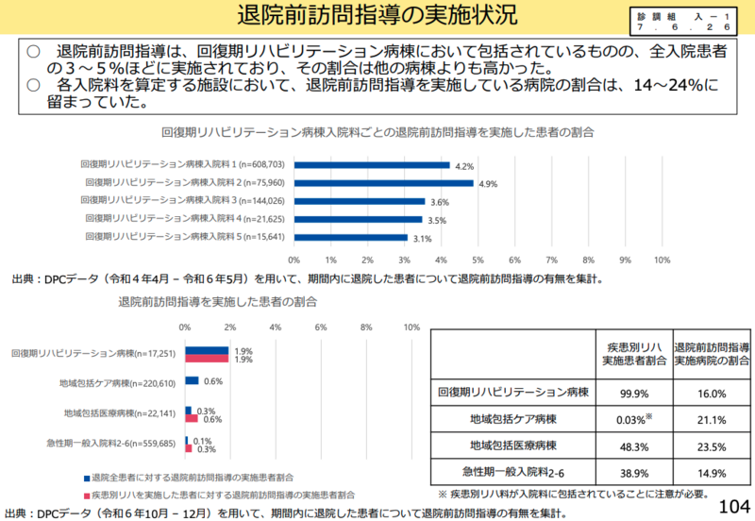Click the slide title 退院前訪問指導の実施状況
pyautogui.click(x=377, y=17)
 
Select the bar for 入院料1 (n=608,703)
pyautogui.click(x=371, y=165)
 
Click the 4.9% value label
pyautogui.click(x=487, y=184)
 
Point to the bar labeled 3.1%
pyautogui.click(x=350, y=237)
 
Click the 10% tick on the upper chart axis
pyautogui.click(x=662, y=260)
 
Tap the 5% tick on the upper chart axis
pyautogui.click(x=478, y=260)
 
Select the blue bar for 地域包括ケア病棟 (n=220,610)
pyautogui.click(x=192, y=381)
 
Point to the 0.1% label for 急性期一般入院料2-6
pyautogui.click(x=201, y=440)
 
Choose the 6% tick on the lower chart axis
pyautogui.click(x=321, y=327)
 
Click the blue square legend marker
pyautogui.click(x=87, y=479)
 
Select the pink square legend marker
pyautogui.click(x=87, y=495)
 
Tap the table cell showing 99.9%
pyautogui.click(x=631, y=394)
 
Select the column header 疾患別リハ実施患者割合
pyautogui.click(x=631, y=354)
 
